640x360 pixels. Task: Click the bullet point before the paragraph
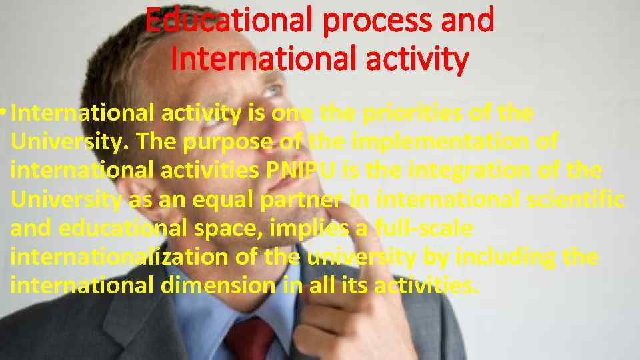click(x=5, y=113)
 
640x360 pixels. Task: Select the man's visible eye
click(x=271, y=90)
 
